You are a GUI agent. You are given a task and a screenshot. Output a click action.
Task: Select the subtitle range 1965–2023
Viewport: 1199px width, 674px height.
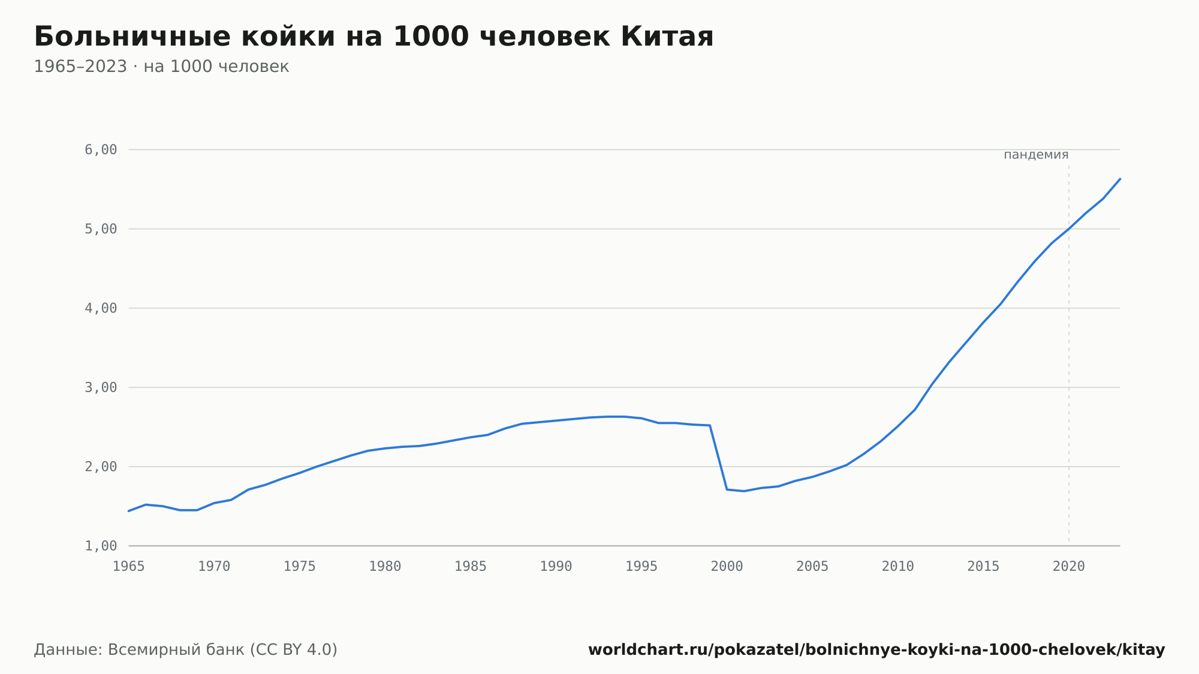coord(80,67)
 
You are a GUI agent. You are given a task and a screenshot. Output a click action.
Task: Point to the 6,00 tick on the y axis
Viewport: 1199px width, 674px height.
coord(101,150)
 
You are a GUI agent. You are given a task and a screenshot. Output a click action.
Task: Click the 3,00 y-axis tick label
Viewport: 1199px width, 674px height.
coord(101,387)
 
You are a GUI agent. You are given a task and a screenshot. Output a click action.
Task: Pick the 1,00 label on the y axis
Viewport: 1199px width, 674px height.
coord(101,546)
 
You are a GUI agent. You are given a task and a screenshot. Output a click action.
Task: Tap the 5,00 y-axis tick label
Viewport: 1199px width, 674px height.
coord(101,229)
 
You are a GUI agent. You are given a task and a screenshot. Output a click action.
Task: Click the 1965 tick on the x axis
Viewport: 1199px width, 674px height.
coord(129,567)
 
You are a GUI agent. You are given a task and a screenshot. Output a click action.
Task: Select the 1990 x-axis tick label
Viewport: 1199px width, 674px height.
coord(556,567)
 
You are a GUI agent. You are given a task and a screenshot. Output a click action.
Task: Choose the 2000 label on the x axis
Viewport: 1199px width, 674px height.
coord(727,567)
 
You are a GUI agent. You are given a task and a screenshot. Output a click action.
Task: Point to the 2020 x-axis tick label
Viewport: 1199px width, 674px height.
coord(1069,567)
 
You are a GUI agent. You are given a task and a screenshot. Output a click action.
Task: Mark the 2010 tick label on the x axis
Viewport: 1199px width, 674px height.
coord(898,567)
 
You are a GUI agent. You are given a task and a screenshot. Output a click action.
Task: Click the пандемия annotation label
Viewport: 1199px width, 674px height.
coord(1036,155)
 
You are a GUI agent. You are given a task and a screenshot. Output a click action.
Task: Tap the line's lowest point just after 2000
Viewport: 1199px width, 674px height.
coord(744,491)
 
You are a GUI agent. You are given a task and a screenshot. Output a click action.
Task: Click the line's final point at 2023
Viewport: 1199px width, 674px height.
coord(1120,179)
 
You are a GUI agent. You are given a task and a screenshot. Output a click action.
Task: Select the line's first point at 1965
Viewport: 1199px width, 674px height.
coord(129,511)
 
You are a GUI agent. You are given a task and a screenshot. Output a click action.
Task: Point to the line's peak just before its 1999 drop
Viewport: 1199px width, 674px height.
coord(710,425)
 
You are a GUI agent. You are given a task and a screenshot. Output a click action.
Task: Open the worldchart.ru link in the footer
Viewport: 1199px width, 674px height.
coord(876,650)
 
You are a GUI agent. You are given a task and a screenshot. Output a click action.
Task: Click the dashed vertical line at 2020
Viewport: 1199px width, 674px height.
coord(1069,354)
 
